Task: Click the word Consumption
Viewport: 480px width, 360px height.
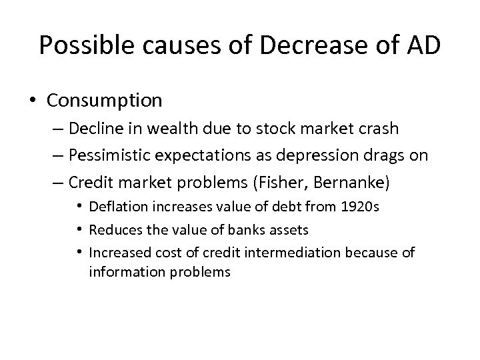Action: click(105, 101)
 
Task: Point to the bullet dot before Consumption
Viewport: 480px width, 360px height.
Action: click(33, 101)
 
